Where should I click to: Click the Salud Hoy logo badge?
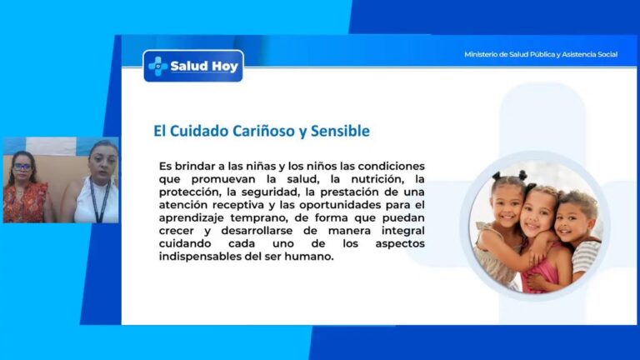coord(193,66)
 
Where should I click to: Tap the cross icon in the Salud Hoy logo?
coord(157,65)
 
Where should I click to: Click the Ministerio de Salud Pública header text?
coord(540,55)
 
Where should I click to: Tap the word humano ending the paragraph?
coord(307,256)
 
